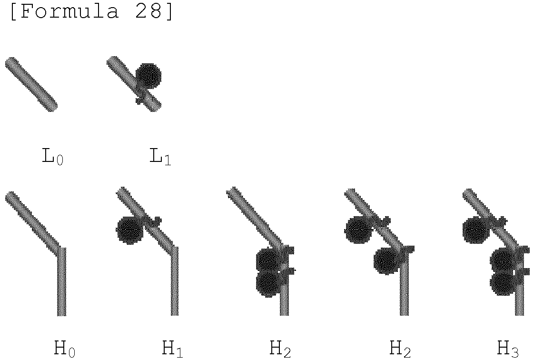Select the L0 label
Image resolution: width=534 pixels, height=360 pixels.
53,157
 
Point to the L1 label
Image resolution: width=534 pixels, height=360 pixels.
160,157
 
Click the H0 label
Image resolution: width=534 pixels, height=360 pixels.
65,349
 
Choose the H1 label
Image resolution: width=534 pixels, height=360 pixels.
172,349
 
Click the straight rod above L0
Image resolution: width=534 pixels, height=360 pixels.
31,84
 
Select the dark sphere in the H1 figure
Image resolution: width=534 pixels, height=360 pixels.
129,230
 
